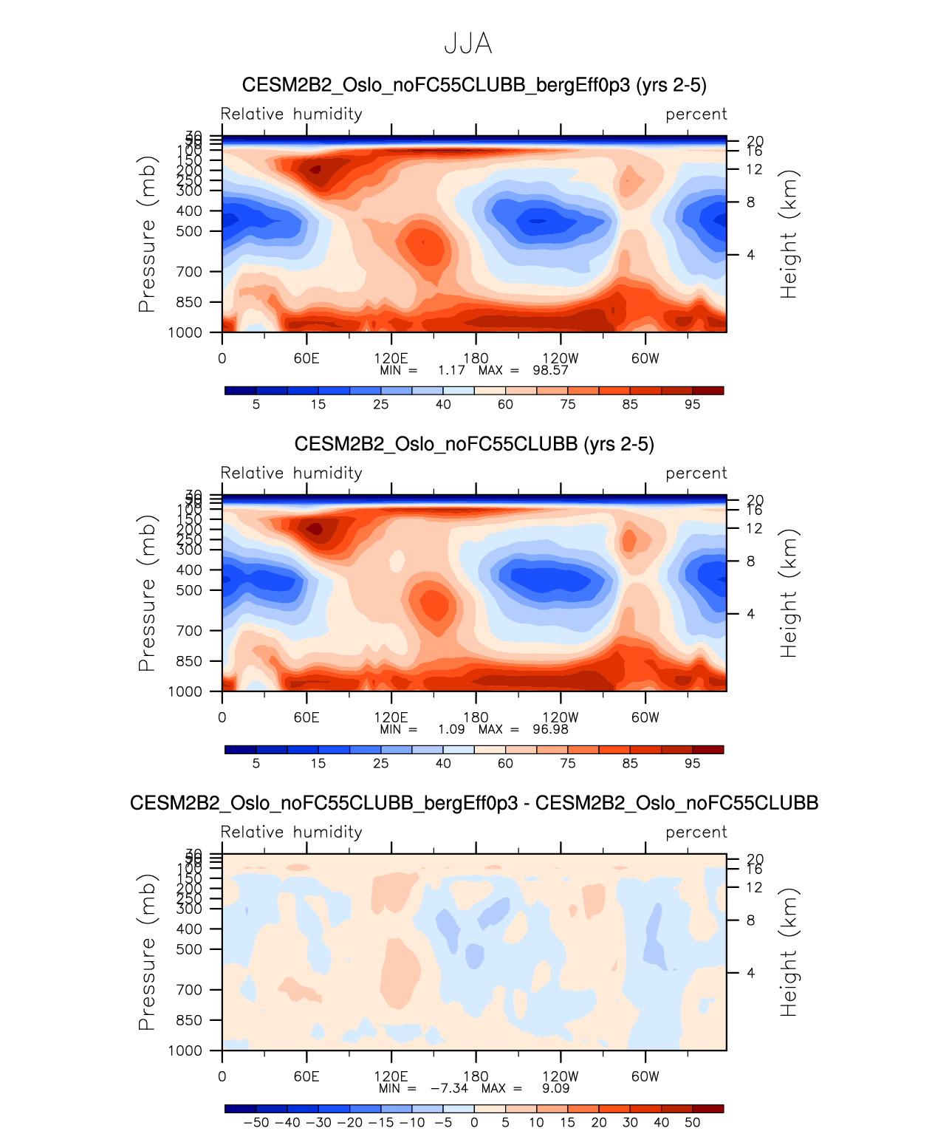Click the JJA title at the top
(x=468, y=44)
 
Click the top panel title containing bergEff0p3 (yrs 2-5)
(x=474, y=85)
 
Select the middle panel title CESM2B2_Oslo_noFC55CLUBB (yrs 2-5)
(x=474, y=444)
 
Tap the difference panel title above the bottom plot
(x=474, y=803)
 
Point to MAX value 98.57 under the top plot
(x=550, y=370)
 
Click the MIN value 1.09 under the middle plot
(x=451, y=729)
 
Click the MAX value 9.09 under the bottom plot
(x=555, y=1088)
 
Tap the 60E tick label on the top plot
(x=306, y=358)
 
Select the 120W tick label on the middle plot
(x=561, y=717)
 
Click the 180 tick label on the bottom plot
(x=476, y=1076)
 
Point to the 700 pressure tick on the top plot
(x=189, y=272)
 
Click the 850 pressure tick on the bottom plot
(x=189, y=1020)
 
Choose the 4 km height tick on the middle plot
(x=750, y=614)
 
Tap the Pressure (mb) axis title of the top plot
(x=147, y=234)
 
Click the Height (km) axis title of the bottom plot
(x=789, y=952)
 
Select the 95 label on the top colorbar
(x=692, y=404)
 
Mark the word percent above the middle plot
(x=696, y=473)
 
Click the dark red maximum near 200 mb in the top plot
(x=315, y=169)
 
